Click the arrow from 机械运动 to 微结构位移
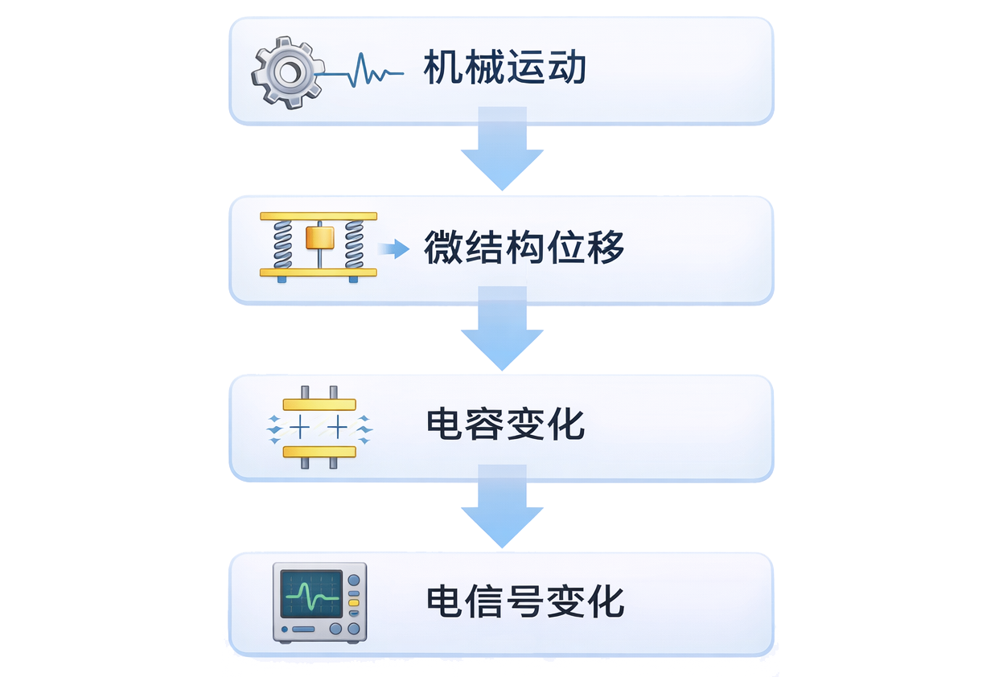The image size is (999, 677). (x=502, y=151)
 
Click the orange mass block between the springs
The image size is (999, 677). (x=319, y=238)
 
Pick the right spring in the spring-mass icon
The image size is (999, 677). (x=355, y=244)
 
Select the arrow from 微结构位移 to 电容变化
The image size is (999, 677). (x=502, y=330)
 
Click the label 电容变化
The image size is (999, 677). (x=505, y=425)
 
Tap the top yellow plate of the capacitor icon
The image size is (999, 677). (x=319, y=404)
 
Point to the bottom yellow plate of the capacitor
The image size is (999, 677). (x=319, y=452)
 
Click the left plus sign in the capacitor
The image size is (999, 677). (x=300, y=428)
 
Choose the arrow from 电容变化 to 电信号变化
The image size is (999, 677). (x=502, y=508)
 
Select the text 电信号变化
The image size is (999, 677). (x=524, y=601)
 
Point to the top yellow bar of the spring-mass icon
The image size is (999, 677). (x=319, y=216)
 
